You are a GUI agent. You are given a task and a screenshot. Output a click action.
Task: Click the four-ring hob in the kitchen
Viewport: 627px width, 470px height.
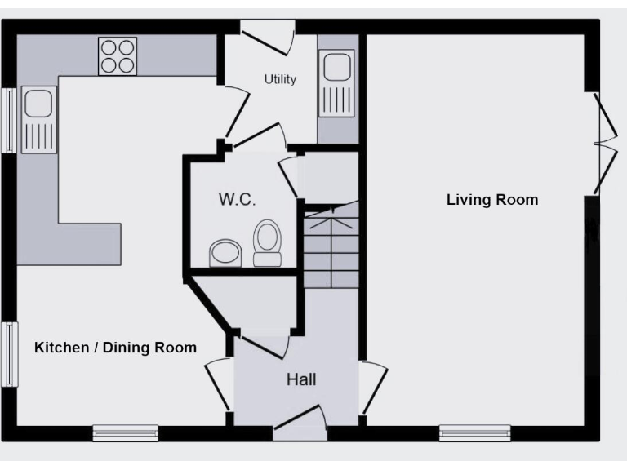(118, 56)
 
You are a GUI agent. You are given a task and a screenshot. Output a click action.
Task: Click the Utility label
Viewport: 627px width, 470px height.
(280, 80)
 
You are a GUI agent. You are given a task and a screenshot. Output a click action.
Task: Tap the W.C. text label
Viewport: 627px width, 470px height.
(237, 199)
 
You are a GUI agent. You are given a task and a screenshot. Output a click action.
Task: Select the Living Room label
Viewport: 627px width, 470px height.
(491, 200)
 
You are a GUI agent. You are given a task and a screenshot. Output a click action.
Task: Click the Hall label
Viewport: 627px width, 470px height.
(300, 379)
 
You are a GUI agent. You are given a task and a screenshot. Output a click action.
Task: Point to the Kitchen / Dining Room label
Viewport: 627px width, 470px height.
(115, 348)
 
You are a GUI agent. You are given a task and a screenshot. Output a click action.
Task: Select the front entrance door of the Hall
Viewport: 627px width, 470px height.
(299, 424)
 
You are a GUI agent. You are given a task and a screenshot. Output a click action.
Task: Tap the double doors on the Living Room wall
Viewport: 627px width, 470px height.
(603, 144)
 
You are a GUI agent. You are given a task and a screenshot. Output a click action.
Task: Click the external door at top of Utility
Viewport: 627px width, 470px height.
(269, 36)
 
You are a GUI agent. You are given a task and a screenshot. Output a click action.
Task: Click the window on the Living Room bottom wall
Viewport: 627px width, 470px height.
(474, 432)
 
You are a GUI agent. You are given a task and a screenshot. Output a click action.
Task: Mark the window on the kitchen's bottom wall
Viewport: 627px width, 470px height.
(125, 432)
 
